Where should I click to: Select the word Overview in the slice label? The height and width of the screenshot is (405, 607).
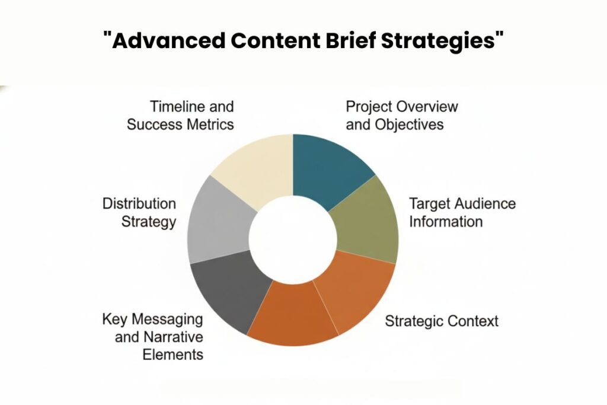click(428, 107)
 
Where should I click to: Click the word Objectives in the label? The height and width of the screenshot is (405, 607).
click(410, 125)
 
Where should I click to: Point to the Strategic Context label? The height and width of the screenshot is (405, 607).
click(442, 321)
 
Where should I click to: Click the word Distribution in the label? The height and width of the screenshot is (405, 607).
click(139, 204)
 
